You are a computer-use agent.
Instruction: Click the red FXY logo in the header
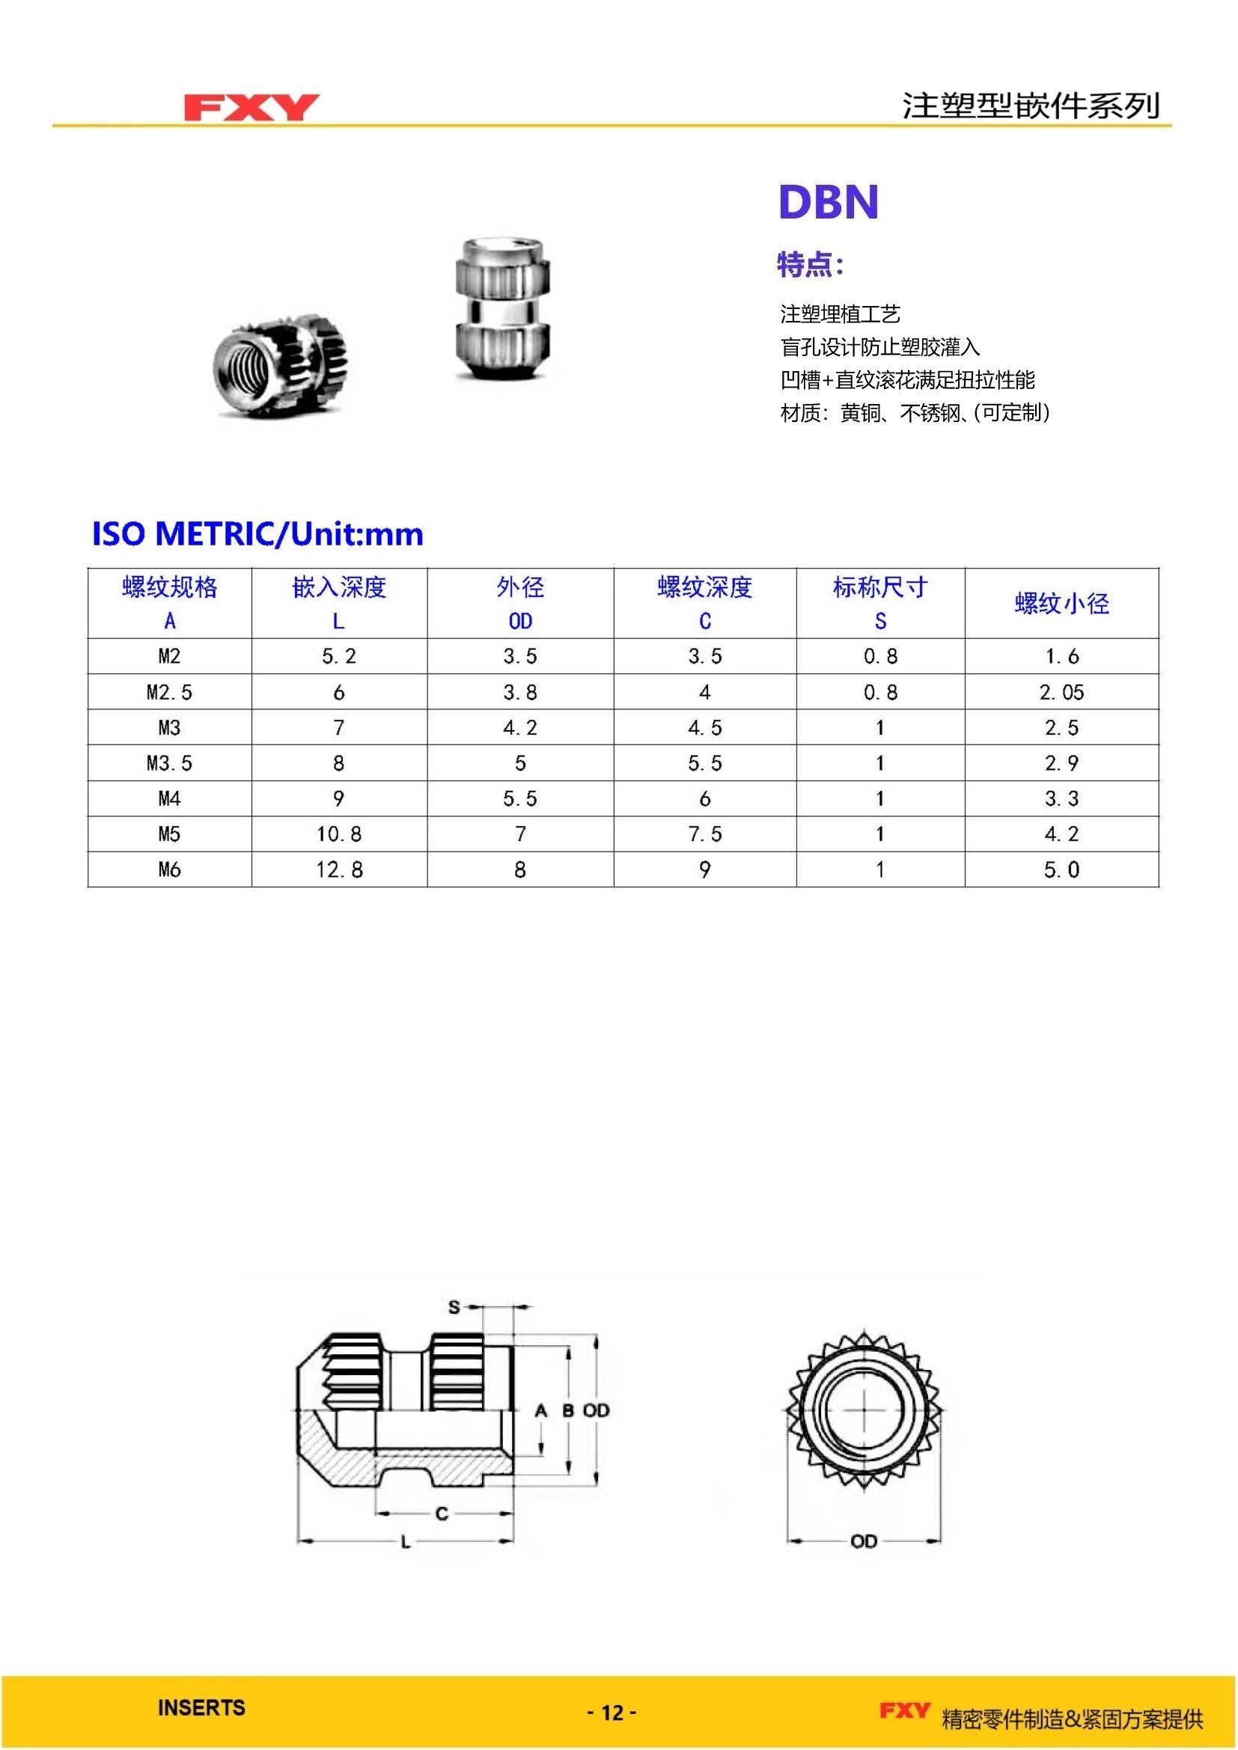pos(251,108)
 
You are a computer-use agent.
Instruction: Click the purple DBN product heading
pos(828,202)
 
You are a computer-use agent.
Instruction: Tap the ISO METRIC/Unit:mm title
pos(257,533)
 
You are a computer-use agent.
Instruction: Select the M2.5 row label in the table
pos(169,692)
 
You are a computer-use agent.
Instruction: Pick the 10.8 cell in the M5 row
pos(339,833)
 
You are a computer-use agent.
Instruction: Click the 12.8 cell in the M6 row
pos(339,869)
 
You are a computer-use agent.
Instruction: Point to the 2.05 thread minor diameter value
pos(1061,692)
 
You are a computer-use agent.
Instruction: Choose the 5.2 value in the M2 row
pos(339,656)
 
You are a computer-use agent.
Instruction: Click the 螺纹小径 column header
pos(1061,604)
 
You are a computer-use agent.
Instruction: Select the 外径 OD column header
pos(520,603)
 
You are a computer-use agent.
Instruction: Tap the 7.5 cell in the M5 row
pos(704,833)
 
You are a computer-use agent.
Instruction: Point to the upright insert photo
pos(502,309)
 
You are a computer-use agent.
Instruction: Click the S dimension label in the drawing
pos(454,1307)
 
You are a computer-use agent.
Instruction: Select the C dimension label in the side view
pos(442,1514)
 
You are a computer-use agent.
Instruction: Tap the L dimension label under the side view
pos(406,1542)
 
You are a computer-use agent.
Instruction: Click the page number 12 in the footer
pos(612,1713)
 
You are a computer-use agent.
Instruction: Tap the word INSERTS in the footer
pos(201,1707)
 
